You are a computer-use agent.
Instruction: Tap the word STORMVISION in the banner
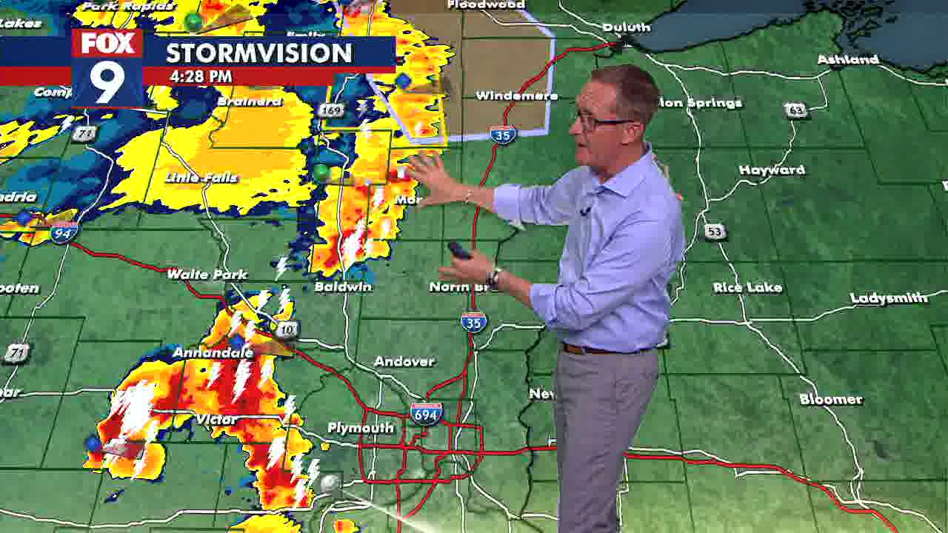click(258, 53)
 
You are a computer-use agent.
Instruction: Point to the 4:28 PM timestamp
click(200, 76)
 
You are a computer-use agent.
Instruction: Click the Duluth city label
click(626, 27)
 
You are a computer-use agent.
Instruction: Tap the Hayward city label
click(772, 170)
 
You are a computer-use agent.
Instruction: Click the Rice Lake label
click(747, 287)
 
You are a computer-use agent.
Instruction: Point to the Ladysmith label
click(889, 298)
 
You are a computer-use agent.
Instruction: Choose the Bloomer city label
click(831, 400)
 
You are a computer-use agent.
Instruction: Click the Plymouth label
click(361, 429)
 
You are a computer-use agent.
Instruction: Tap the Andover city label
click(404, 361)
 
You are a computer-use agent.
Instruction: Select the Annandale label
click(213, 352)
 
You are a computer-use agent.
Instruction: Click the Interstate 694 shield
click(426, 414)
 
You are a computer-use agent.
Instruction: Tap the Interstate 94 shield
click(64, 233)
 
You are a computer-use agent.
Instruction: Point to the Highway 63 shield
click(796, 110)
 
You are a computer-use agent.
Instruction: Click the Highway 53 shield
click(715, 232)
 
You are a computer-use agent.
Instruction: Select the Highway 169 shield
click(330, 110)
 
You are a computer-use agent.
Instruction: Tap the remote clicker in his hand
click(459, 251)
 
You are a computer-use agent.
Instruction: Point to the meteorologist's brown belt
click(592, 349)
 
